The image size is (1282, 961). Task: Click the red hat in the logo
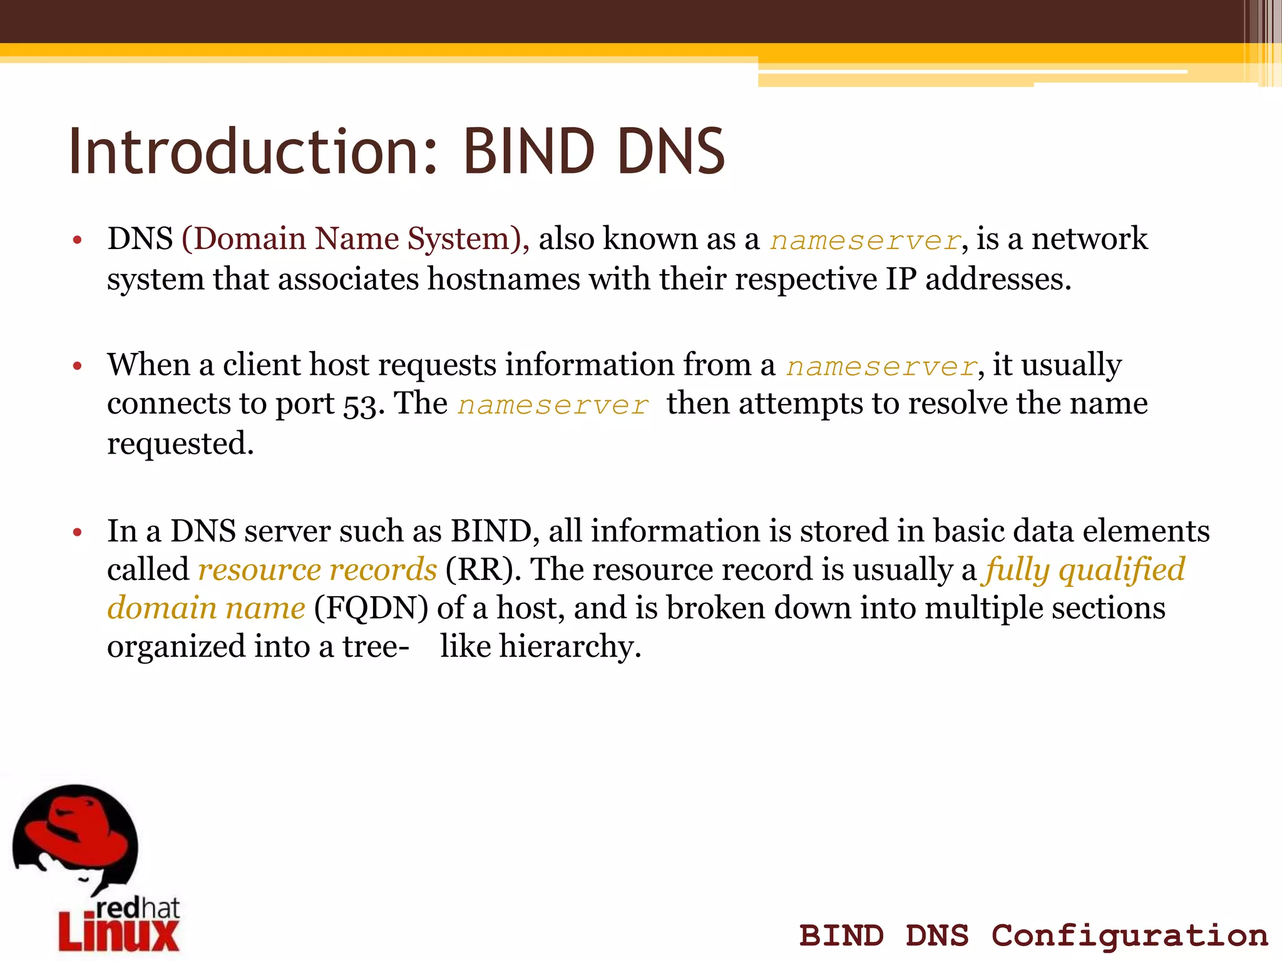point(75,829)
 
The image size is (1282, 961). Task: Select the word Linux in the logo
point(119,931)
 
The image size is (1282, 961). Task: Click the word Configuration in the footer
point(1130,936)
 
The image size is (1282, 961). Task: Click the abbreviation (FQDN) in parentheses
point(371,608)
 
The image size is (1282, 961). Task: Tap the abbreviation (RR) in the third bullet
point(483,569)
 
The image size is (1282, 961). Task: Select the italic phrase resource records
point(317,569)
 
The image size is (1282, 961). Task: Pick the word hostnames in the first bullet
point(504,279)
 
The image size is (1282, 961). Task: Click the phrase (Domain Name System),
point(356,239)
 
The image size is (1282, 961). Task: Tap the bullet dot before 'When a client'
point(78,366)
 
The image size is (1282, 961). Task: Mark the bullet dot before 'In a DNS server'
point(78,532)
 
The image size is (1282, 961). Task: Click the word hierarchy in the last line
point(570,647)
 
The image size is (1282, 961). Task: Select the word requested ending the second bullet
point(180,444)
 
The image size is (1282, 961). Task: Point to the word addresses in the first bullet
point(998,279)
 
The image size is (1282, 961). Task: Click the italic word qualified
point(1122,569)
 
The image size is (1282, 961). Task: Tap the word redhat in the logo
point(138,908)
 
